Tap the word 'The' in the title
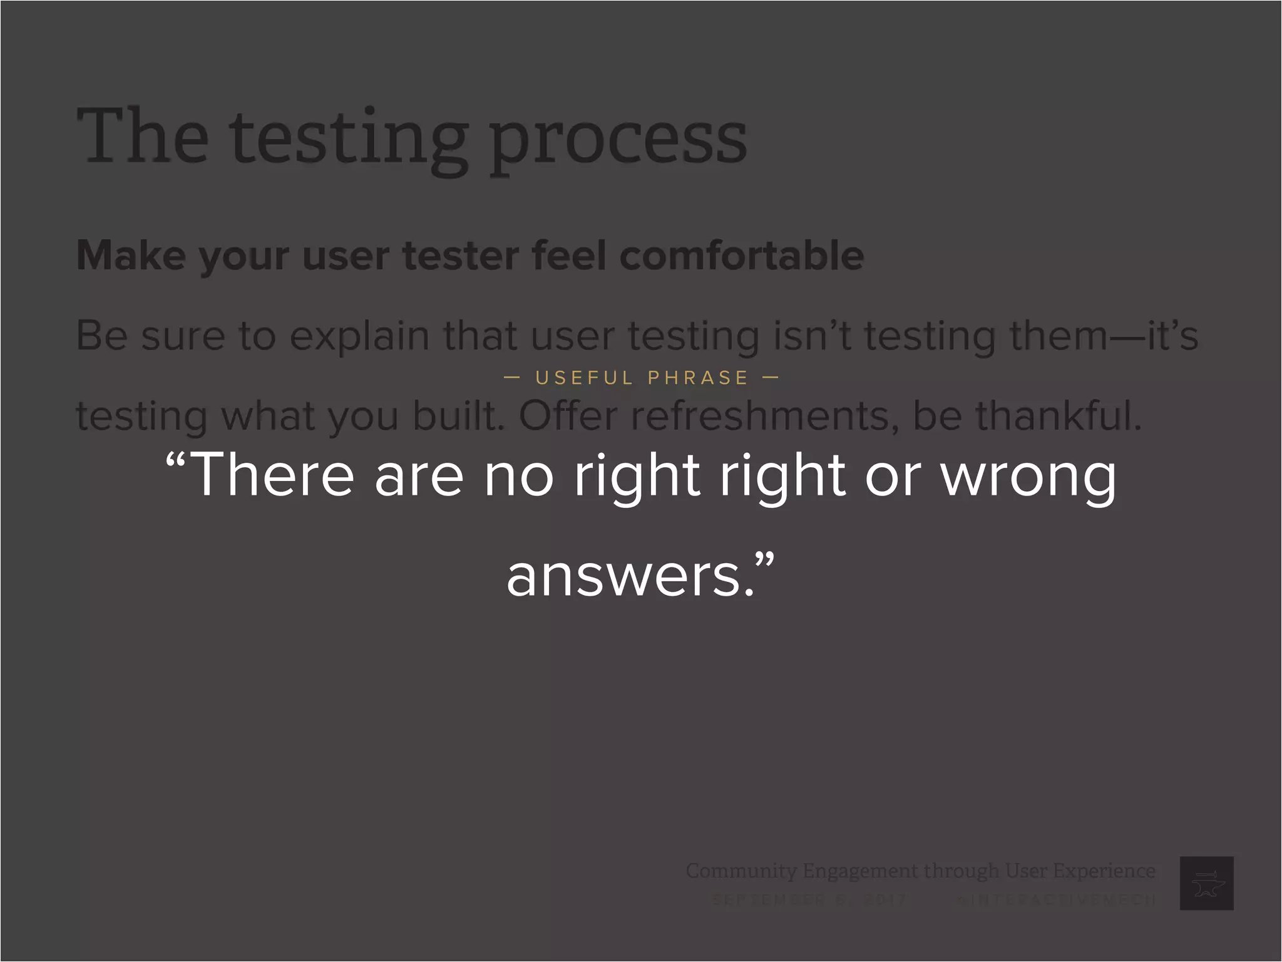(x=143, y=136)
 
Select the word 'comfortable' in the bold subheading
(x=741, y=256)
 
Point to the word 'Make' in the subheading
(x=131, y=256)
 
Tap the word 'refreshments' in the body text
(x=760, y=416)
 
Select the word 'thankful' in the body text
(x=1058, y=416)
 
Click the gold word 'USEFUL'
(x=585, y=378)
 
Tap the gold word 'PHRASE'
(x=698, y=378)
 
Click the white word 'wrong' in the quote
(x=1028, y=477)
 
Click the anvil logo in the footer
(x=1206, y=883)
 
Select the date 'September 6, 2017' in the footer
(x=809, y=900)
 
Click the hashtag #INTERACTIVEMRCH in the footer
(x=1057, y=900)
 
